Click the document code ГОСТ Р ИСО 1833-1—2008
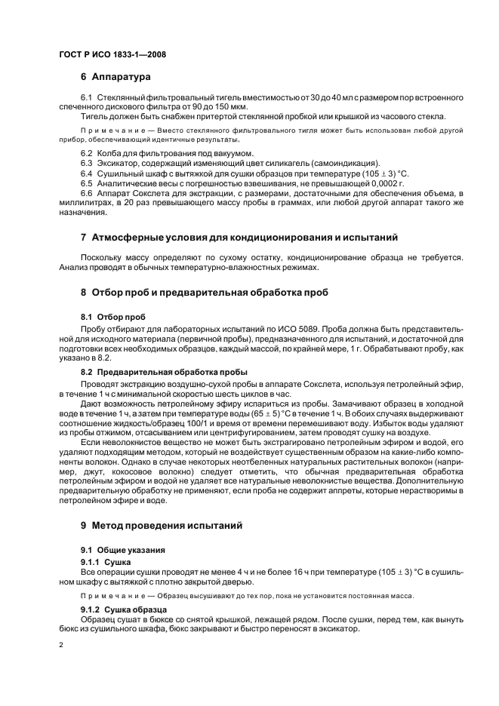click(112, 54)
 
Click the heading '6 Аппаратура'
click(116, 77)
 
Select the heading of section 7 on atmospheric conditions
click(239, 238)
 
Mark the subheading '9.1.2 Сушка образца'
click(123, 609)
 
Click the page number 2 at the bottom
click(62, 646)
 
